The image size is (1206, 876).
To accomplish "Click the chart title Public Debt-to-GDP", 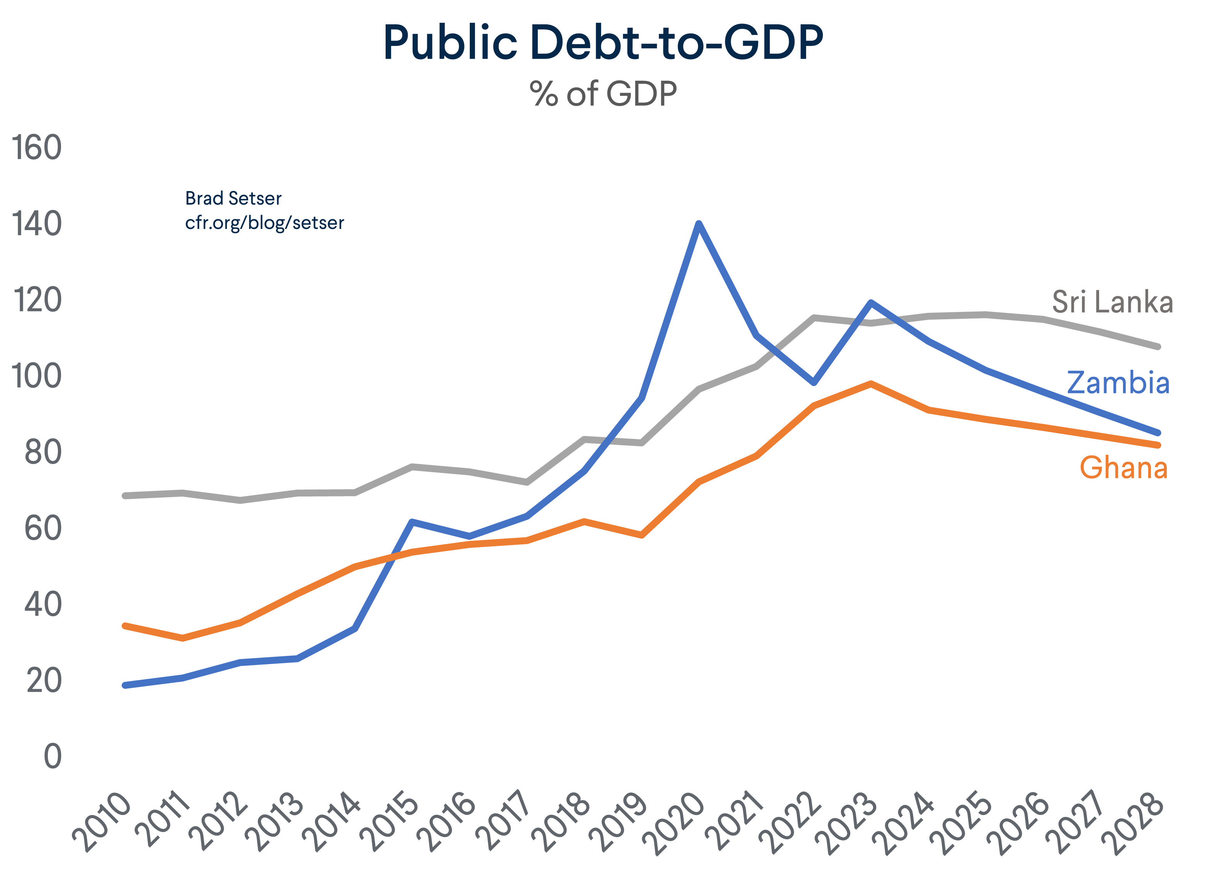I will click(x=603, y=42).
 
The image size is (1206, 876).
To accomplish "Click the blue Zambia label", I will click(x=1118, y=383).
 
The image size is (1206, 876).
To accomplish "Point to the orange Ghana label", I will click(x=1123, y=468).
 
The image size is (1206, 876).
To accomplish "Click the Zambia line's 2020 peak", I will click(x=699, y=224).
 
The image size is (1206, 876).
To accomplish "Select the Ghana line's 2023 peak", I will click(x=871, y=383).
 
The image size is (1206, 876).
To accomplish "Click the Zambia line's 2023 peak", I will click(x=871, y=302).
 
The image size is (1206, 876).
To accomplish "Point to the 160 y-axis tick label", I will click(x=36, y=147).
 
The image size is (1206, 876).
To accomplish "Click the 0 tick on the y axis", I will click(x=52, y=756).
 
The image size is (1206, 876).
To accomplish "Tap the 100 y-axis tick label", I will click(x=36, y=376).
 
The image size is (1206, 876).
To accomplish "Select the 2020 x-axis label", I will click(x=674, y=823).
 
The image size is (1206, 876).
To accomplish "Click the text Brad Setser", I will click(x=233, y=198).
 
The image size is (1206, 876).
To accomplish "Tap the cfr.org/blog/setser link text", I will click(x=264, y=223).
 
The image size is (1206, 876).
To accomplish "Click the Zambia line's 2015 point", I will click(x=412, y=522).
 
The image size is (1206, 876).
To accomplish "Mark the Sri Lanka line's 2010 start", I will click(x=125, y=496).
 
